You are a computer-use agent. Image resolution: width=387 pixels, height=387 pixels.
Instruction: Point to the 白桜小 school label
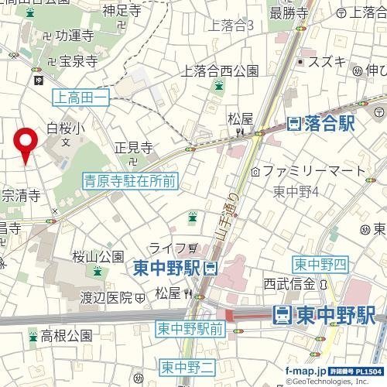tap(63, 128)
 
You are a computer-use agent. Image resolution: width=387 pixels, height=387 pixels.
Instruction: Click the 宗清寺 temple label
tap(21, 196)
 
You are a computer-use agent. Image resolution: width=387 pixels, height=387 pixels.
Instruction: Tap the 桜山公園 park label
tap(98, 256)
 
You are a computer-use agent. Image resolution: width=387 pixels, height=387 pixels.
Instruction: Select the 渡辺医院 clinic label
tap(108, 296)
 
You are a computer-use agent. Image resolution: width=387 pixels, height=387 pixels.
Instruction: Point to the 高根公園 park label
tap(66, 336)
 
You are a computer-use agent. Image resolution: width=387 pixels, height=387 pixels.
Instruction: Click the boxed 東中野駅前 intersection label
tap(190, 328)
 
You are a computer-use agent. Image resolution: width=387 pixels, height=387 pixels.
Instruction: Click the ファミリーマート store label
tap(313, 170)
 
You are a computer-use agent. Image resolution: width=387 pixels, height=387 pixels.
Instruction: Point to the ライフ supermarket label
tap(166, 248)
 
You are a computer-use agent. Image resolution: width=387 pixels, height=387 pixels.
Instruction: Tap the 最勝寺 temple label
tap(289, 12)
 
